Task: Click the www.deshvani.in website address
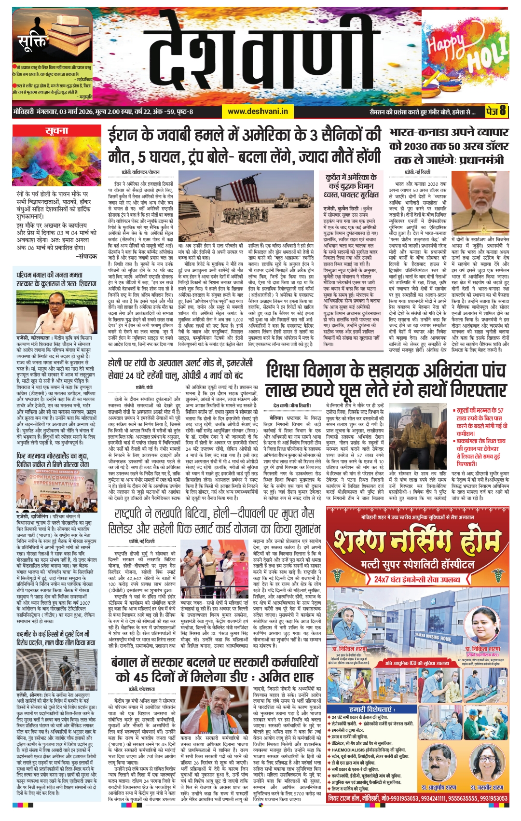coord(258,111)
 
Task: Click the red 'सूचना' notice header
coord(57,131)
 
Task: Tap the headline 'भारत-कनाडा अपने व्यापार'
coord(449,132)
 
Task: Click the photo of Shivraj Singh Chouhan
coord(57,311)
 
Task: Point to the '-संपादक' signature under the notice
coord(86,256)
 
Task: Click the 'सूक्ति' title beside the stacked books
coord(32,43)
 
